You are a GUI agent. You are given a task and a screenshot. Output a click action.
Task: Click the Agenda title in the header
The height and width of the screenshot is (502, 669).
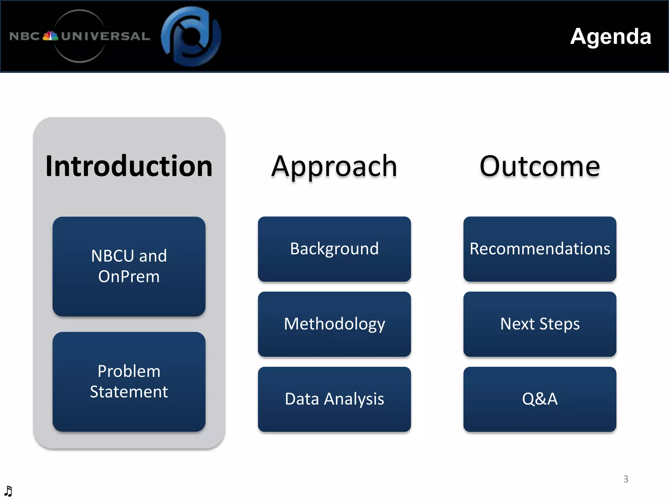610,36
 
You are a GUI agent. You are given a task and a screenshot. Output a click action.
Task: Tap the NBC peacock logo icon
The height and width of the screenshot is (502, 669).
50,36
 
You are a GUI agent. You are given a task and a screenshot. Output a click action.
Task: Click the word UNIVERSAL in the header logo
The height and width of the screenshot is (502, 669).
105,36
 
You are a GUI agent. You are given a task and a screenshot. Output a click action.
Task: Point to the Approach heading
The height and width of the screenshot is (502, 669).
334,167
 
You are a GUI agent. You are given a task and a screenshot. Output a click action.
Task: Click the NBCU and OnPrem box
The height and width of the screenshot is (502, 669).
129,266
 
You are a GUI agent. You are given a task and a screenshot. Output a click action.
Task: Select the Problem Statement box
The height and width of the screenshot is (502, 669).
129,381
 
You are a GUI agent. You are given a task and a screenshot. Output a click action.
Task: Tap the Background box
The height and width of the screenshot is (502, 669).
334,249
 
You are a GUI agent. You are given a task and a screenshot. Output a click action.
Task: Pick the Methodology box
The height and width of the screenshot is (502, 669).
334,324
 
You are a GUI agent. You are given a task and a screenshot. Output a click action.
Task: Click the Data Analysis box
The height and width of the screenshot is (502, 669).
334,399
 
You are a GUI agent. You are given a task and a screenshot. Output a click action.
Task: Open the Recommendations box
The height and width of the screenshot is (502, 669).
540,249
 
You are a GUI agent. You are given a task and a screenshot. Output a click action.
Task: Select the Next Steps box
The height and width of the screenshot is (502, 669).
540,324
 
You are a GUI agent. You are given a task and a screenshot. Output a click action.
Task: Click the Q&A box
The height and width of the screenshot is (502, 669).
540,399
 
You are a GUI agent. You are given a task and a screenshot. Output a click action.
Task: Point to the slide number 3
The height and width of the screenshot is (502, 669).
626,479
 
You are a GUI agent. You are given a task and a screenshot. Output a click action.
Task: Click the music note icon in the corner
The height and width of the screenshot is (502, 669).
8,491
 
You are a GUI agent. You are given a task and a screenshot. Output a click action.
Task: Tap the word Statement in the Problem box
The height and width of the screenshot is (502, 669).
129,392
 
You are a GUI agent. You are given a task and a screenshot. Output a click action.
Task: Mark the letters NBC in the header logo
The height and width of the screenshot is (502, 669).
24,36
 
